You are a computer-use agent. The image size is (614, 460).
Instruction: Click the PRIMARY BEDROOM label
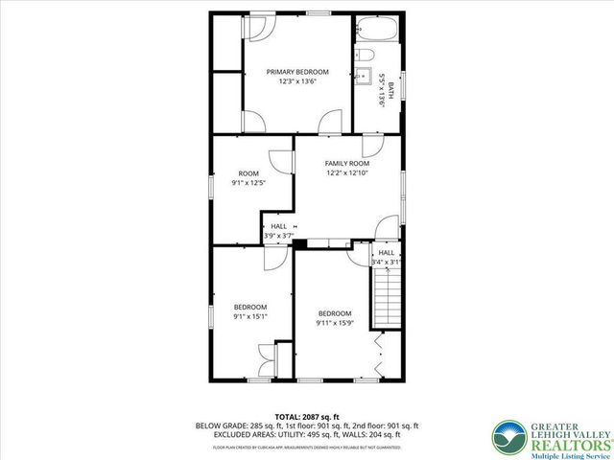[297, 72]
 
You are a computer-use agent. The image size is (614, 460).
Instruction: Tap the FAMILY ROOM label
[346, 164]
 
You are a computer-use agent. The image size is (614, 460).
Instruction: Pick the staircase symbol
[386, 296]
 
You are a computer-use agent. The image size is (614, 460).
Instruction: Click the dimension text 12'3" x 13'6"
[297, 82]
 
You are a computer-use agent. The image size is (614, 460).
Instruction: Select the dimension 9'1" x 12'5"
[248, 183]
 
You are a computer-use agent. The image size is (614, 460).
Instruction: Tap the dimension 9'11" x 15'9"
[335, 324]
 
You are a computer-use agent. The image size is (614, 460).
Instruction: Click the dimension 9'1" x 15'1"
[249, 316]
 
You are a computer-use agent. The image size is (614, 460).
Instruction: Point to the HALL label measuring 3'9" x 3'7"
[278, 226]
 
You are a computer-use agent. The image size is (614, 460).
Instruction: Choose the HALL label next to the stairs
[386, 253]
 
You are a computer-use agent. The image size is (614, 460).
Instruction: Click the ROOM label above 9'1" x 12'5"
[248, 173]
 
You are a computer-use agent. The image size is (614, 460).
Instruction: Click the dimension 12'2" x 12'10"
[346, 173]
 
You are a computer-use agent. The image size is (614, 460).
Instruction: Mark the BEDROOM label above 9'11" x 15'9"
[335, 314]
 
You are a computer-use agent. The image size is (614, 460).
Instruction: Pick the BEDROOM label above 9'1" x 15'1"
[249, 307]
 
